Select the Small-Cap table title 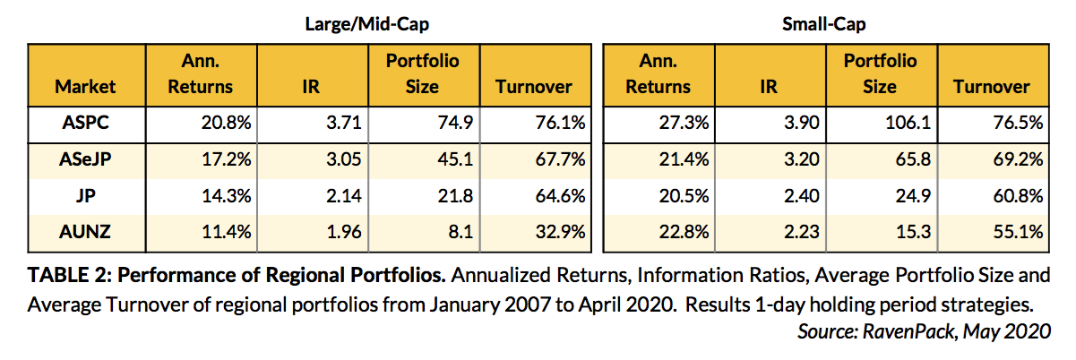[x=823, y=24]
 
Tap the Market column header [x=86, y=87]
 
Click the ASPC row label [x=86, y=123]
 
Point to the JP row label [x=86, y=195]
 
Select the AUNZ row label [x=86, y=232]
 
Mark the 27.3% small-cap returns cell [x=669, y=123]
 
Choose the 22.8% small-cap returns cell [x=669, y=232]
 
